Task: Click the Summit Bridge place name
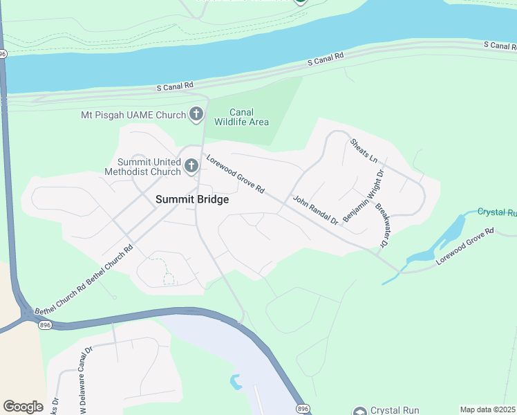pos(191,199)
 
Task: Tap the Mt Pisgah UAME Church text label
pos(133,115)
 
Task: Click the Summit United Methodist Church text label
pos(142,166)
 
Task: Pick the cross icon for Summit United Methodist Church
pos(191,167)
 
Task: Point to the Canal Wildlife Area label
pos(241,117)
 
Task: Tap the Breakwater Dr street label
pos(381,225)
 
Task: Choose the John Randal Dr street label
pos(314,210)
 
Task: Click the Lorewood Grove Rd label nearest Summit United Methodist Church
pos(236,173)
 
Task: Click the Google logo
pos(23,407)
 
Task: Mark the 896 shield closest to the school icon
pos(302,409)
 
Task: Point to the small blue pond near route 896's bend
pos(236,381)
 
